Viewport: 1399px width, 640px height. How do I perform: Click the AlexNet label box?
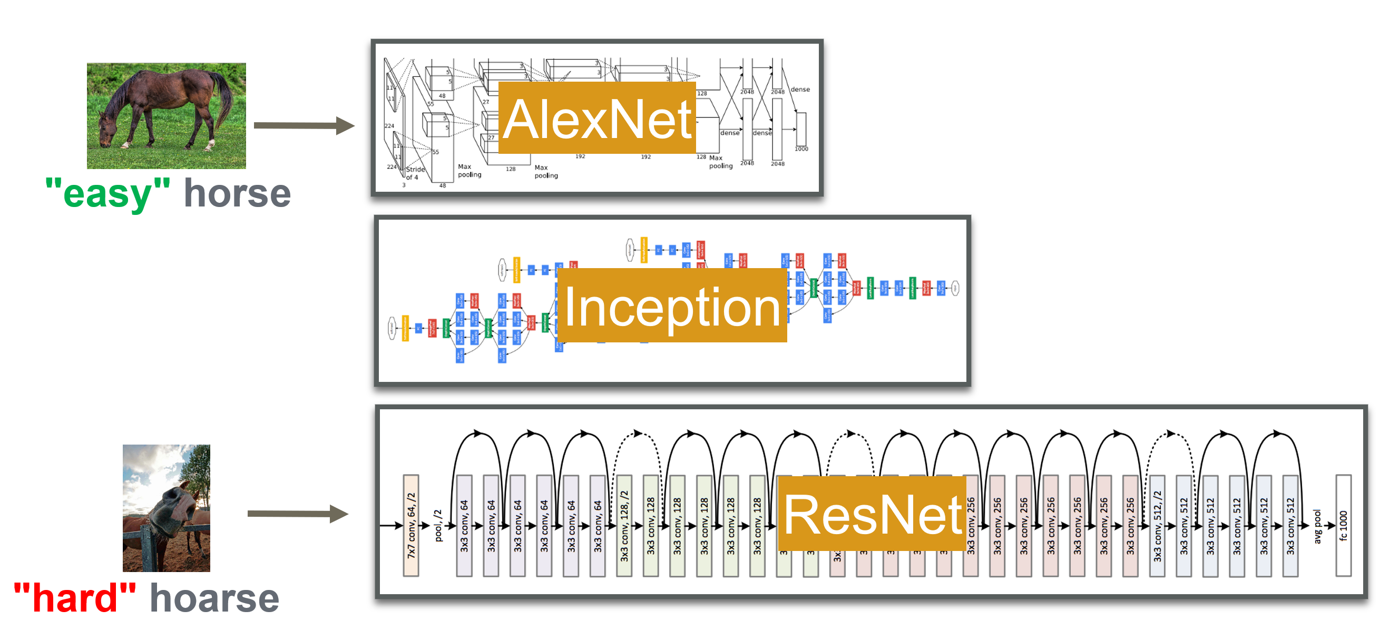pos(596,118)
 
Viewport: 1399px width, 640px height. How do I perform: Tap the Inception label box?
pos(672,306)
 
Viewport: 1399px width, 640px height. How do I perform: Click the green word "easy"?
pos(107,194)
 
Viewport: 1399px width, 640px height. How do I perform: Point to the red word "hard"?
pos(74,598)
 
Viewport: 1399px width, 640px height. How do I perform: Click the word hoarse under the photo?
pos(214,598)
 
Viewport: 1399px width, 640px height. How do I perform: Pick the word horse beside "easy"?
pos(237,194)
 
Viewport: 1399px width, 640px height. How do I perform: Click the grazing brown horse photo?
pos(166,116)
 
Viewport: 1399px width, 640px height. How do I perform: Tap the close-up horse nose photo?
pos(166,508)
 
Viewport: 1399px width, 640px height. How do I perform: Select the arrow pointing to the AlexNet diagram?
pos(304,125)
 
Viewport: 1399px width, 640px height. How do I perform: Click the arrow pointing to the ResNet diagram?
pos(298,514)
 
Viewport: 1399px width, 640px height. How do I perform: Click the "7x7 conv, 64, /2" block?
pos(411,525)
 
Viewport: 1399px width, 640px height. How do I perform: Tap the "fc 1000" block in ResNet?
pos(1343,525)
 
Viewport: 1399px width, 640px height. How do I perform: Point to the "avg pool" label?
pos(1317,526)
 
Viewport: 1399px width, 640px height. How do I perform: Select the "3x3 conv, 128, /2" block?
pos(624,525)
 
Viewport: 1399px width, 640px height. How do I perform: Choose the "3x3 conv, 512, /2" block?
pos(1157,525)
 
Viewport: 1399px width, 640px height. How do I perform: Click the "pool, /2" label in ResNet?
pos(438,525)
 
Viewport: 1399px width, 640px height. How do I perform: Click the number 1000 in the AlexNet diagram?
pos(801,149)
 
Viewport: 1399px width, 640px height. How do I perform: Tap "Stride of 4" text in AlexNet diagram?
pos(414,173)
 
